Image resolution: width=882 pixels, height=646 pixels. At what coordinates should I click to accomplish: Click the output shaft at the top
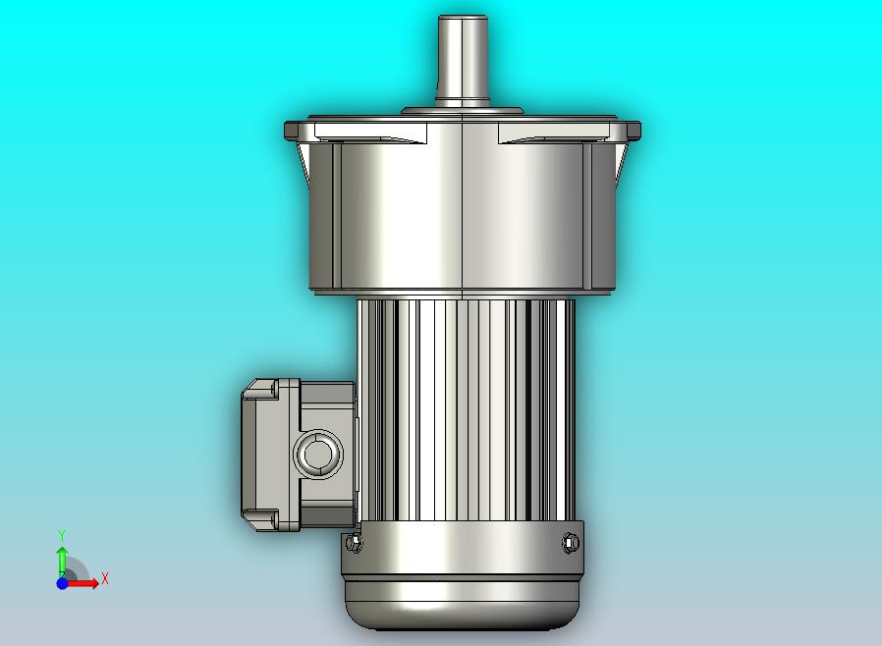click(463, 61)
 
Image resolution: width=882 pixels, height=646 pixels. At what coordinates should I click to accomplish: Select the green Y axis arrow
click(62, 560)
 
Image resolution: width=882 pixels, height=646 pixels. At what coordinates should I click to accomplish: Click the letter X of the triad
click(105, 578)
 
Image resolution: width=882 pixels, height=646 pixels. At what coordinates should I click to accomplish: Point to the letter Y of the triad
click(63, 535)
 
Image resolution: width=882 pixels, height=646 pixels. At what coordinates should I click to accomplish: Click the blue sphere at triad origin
click(62, 583)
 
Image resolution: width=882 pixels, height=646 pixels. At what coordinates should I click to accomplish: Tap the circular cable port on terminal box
click(319, 454)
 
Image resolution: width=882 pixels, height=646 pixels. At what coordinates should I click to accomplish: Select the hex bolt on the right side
click(571, 543)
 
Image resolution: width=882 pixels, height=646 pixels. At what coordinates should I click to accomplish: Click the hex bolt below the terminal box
click(354, 542)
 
